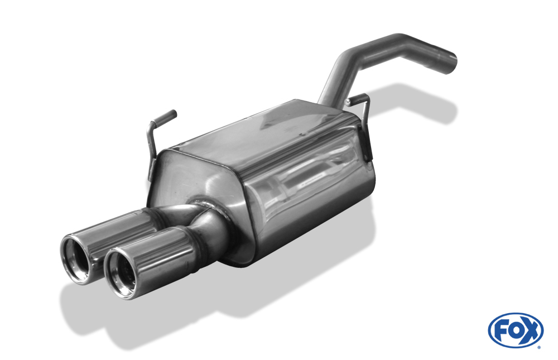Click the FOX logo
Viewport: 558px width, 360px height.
point(516,330)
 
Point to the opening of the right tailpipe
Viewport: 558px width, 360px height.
point(122,272)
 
